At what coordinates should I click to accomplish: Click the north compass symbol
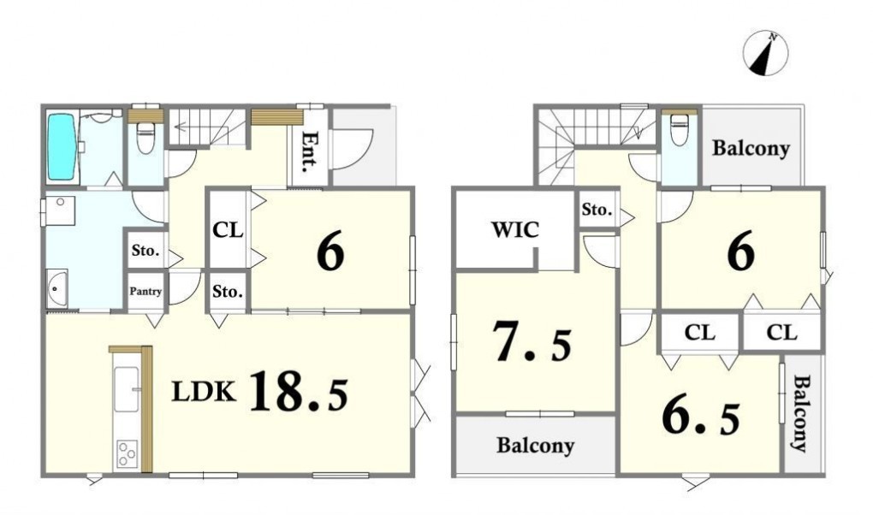pyautogui.click(x=765, y=53)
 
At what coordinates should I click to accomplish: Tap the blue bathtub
pyautogui.click(x=61, y=147)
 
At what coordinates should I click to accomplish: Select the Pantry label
pyautogui.click(x=145, y=291)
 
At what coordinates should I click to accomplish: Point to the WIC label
pyautogui.click(x=515, y=229)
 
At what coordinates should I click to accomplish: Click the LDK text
pyautogui.click(x=203, y=392)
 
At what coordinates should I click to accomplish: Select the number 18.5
pyautogui.click(x=299, y=392)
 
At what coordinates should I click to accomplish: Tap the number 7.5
pyautogui.click(x=532, y=341)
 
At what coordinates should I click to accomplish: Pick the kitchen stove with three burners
pyautogui.click(x=127, y=453)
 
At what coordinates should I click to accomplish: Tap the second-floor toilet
pyautogui.click(x=680, y=130)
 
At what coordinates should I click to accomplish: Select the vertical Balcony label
pyautogui.click(x=801, y=414)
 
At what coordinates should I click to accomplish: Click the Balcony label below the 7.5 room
pyautogui.click(x=535, y=446)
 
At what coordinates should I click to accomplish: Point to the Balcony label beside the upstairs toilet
pyautogui.click(x=751, y=149)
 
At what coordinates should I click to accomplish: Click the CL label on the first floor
pyautogui.click(x=228, y=230)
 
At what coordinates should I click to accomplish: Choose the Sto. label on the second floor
pyautogui.click(x=597, y=210)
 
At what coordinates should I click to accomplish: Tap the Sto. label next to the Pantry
pyautogui.click(x=145, y=251)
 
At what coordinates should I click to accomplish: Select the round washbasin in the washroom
pyautogui.click(x=55, y=288)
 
